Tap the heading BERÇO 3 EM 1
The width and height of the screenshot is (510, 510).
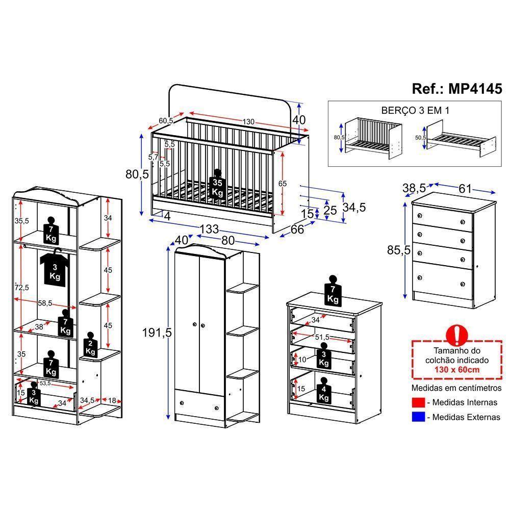[415, 110]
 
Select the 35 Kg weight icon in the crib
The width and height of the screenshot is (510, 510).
[218, 185]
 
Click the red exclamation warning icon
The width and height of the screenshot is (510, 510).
[457, 335]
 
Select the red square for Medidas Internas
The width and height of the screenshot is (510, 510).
[418, 402]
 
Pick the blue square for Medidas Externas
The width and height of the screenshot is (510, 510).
[418, 417]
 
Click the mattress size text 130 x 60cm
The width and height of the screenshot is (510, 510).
[457, 370]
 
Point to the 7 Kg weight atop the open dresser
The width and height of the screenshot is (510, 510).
[333, 292]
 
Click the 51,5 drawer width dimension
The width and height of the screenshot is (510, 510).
[322, 338]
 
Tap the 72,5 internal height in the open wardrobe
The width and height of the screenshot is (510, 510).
[21, 287]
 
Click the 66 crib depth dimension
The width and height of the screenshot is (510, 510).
[297, 229]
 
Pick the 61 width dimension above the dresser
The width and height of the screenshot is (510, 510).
[465, 189]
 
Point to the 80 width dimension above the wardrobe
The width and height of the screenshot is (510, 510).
[227, 240]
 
